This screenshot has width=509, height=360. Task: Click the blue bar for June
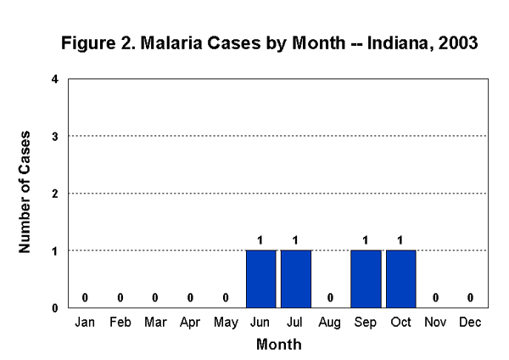click(x=261, y=278)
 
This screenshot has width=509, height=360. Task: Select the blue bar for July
click(x=296, y=278)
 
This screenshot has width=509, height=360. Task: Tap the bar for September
click(x=366, y=278)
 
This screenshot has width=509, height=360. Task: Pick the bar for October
click(x=401, y=278)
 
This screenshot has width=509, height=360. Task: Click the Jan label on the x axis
click(x=86, y=323)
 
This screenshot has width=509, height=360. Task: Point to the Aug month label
click(x=331, y=323)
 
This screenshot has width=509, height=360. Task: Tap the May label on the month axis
click(x=226, y=323)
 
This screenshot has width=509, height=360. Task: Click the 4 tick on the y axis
click(x=55, y=79)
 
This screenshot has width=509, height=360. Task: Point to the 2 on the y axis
click(x=55, y=194)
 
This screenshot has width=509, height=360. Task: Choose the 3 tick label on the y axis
click(x=55, y=136)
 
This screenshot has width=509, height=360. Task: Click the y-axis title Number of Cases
click(x=25, y=192)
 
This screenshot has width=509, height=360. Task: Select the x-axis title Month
click(x=278, y=345)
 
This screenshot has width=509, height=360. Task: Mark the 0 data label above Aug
click(x=331, y=297)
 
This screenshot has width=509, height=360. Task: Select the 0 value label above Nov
click(x=436, y=297)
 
